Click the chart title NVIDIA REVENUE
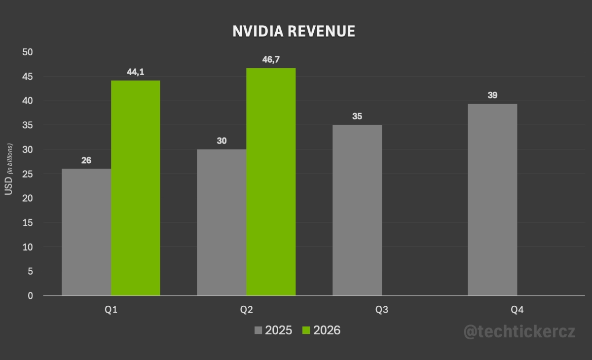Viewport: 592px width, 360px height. (294, 31)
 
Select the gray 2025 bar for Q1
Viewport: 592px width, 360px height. (86, 232)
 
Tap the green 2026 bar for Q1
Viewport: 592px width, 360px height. (135, 188)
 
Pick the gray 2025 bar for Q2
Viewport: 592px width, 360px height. (222, 222)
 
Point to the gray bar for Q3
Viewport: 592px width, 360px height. (357, 210)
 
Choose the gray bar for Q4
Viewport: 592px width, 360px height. (492, 200)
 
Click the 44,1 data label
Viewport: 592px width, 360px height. (136, 72)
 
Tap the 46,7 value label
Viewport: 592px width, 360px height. (271, 60)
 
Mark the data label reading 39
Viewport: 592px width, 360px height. (492, 95)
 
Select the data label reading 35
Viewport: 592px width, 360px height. (357, 116)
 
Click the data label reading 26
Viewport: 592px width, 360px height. (86, 160)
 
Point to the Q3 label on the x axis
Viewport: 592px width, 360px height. (381, 310)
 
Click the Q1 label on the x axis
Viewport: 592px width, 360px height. (111, 310)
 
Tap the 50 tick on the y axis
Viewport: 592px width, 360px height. (27, 52)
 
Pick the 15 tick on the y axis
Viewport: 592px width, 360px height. (27, 223)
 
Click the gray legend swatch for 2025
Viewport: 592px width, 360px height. (259, 330)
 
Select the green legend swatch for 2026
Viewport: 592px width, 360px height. (307, 330)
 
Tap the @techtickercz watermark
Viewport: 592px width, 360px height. (519, 332)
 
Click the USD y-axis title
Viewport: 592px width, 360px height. (8, 187)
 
